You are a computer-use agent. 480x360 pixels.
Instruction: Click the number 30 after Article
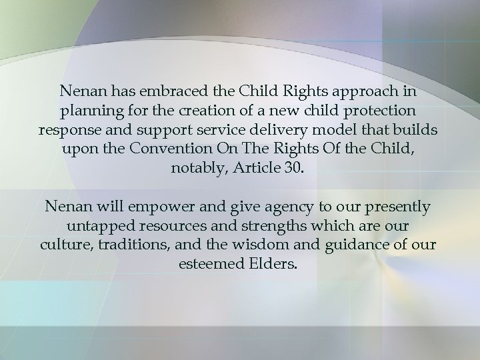point(293,167)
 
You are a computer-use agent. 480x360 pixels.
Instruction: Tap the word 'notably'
point(195,167)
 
